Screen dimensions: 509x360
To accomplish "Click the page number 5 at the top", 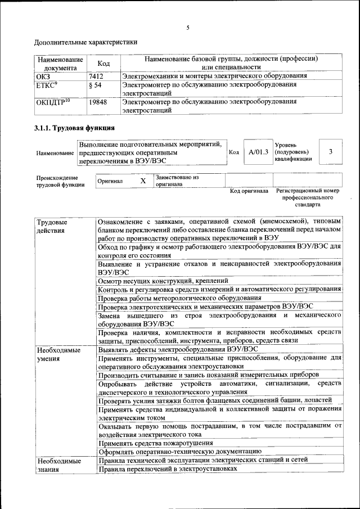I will click(188, 28).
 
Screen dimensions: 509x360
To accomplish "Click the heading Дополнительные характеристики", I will click(85, 42).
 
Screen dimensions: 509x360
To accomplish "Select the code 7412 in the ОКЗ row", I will click(96, 75).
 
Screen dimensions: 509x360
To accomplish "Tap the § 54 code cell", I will click(95, 85).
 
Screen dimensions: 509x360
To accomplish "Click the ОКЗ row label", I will click(43, 75).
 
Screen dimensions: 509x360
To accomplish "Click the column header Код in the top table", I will click(103, 63).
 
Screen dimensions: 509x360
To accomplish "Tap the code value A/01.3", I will click(259, 152).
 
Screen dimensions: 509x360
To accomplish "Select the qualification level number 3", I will click(331, 152).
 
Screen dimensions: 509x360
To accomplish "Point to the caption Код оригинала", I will click(249, 191).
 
